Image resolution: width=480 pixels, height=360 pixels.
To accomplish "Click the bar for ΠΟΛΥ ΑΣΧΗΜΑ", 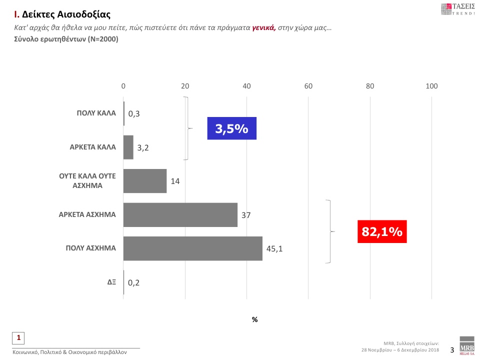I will click(x=192, y=248).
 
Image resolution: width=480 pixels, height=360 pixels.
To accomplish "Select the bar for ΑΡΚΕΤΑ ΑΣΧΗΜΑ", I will click(x=180, y=215).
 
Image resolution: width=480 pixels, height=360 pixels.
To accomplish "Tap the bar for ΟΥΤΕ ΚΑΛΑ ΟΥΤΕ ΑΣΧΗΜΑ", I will click(x=145, y=181).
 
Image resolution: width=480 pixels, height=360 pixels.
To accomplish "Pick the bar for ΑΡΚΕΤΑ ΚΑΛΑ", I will click(x=128, y=147).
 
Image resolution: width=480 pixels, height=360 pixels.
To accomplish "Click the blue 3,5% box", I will click(x=232, y=128).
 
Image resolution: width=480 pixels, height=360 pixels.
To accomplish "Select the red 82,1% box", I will click(x=382, y=231).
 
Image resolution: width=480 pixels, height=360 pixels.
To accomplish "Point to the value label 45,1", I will click(x=274, y=248).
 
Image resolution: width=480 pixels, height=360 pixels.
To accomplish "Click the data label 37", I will click(x=245, y=215).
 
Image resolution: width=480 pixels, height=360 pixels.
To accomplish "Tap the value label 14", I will click(x=175, y=181).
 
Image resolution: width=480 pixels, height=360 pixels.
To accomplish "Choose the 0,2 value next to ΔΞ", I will click(x=133, y=282).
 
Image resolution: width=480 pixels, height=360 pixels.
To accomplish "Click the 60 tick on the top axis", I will click(x=308, y=86).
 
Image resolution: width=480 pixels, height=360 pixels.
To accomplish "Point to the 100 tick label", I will click(x=431, y=86).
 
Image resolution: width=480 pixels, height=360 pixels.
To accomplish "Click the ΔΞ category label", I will click(x=111, y=282).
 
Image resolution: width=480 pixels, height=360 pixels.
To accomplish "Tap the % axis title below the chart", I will click(x=254, y=319).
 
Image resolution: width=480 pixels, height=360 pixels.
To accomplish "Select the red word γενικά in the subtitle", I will click(x=264, y=28).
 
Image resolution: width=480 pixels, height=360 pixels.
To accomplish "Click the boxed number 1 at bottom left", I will click(x=18, y=337).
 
